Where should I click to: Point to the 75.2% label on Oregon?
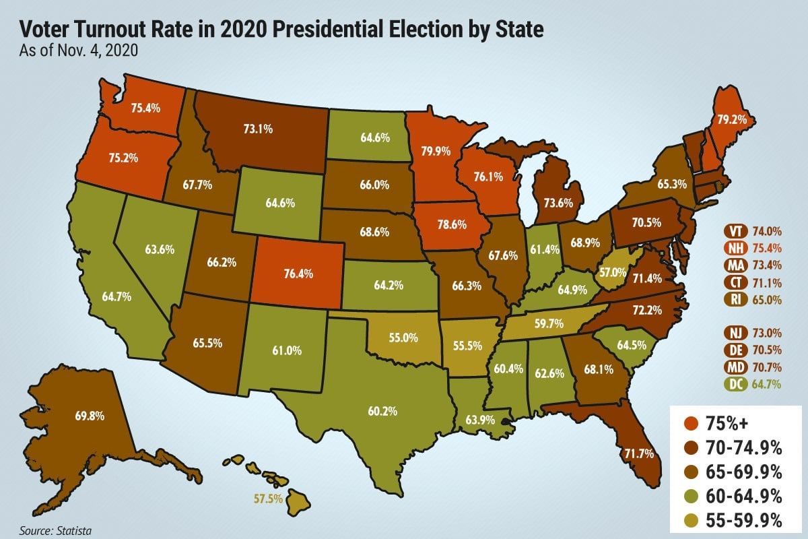123,159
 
